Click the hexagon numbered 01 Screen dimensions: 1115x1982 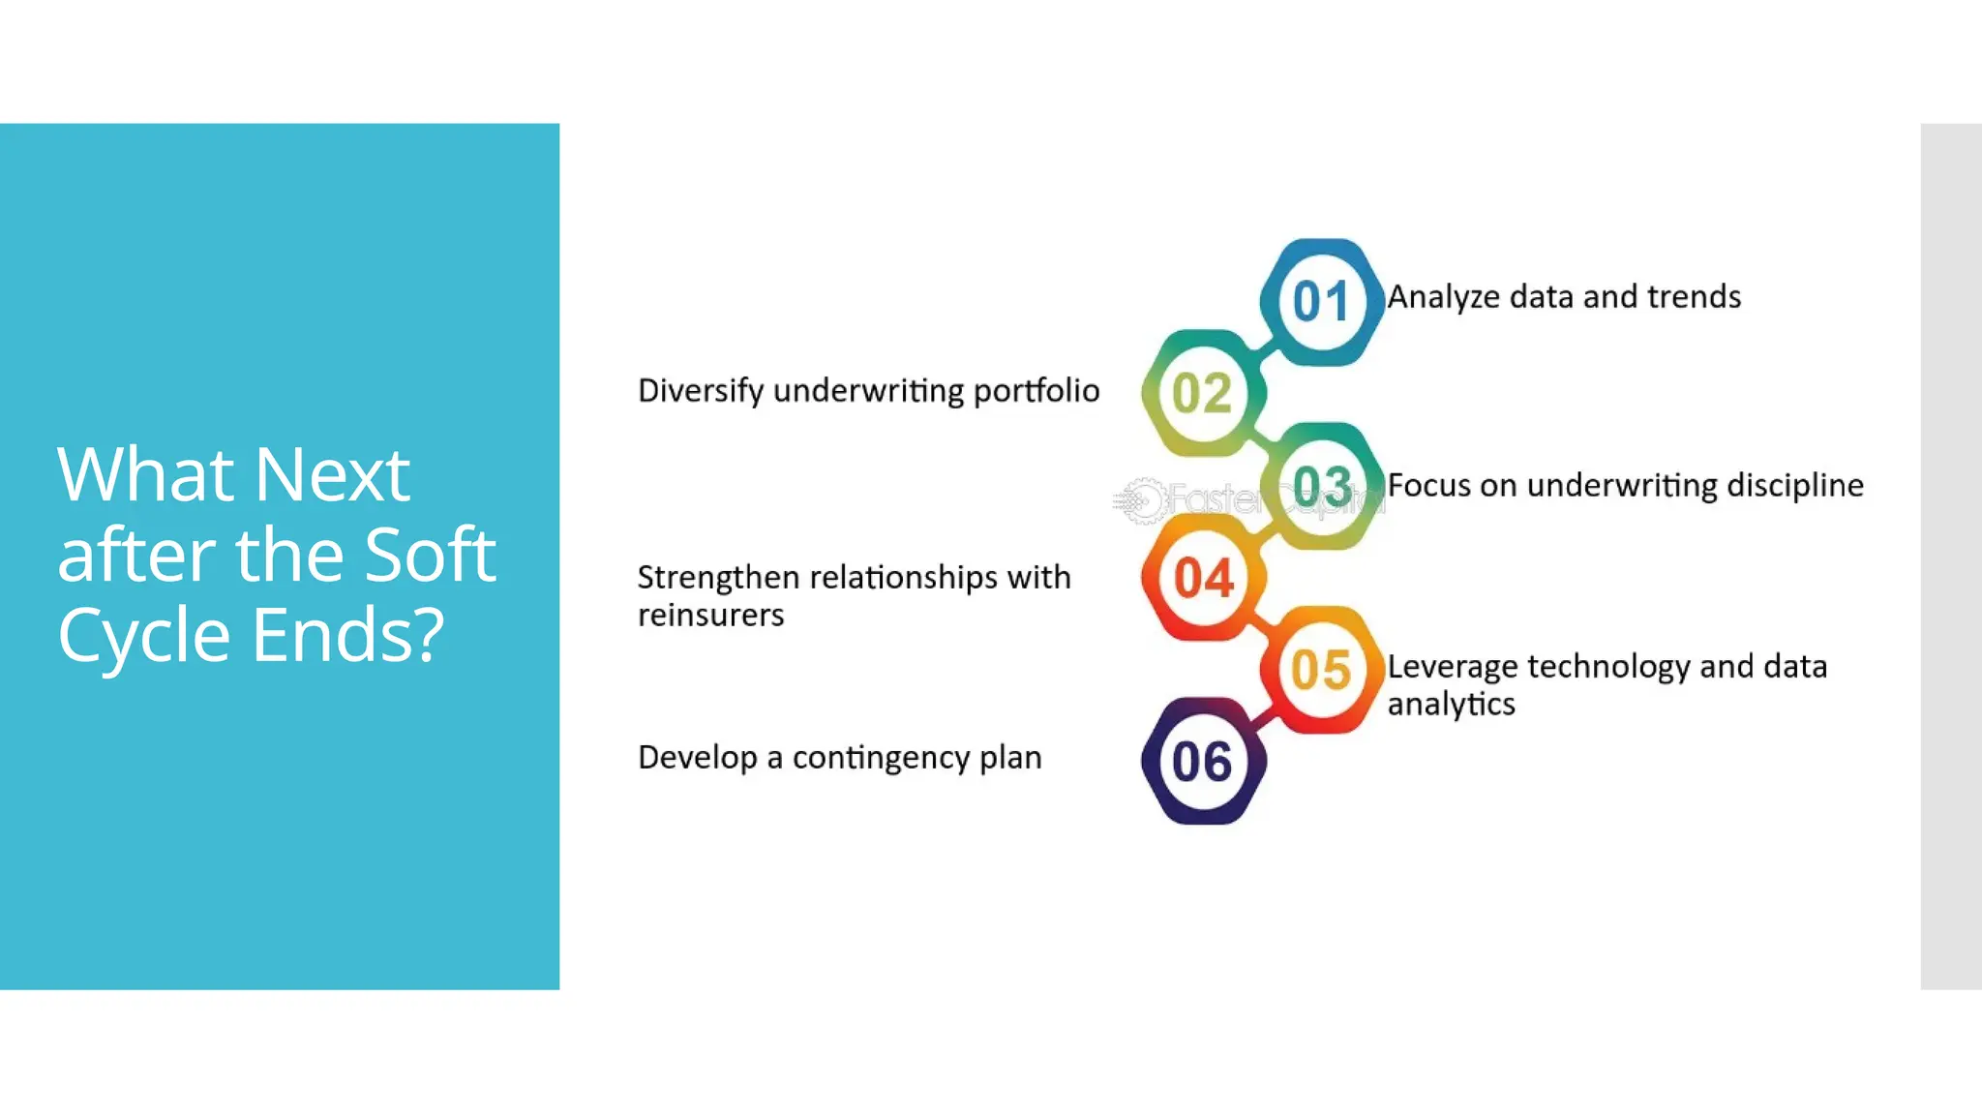1321,302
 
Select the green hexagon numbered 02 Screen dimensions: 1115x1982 1203,393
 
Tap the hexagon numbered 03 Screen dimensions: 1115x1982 1322,486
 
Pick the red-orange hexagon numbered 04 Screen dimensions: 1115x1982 1204,578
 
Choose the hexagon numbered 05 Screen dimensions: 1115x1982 1322,670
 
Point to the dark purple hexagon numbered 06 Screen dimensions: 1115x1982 1203,762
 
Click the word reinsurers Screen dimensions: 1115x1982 710,616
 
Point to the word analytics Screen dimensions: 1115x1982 1451,705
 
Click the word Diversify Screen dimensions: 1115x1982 701,391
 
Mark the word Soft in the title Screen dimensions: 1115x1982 430,556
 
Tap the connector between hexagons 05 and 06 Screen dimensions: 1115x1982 1263,717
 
